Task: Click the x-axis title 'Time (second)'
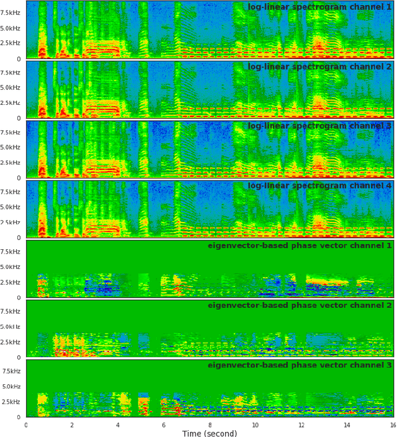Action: (x=209, y=433)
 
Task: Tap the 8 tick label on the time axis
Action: (x=210, y=425)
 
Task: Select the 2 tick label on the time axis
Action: (x=72, y=425)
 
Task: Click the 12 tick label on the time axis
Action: (x=301, y=425)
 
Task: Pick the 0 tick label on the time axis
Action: (x=26, y=425)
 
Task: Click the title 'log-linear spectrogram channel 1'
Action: (x=319, y=7)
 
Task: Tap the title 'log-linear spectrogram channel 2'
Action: (x=319, y=67)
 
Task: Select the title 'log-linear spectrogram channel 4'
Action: (x=319, y=186)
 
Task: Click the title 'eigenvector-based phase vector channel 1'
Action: (x=300, y=246)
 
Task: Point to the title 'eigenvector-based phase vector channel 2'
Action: (x=300, y=306)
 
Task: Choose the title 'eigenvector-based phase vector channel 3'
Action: (x=300, y=366)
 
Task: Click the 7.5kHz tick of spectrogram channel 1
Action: (x=11, y=12)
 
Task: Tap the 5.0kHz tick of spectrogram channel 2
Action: (x=11, y=87)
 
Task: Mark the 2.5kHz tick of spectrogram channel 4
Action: (x=11, y=223)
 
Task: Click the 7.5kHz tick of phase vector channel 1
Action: (x=11, y=252)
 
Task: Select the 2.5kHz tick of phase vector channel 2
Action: (x=11, y=342)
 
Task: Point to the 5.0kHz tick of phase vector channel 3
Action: (x=11, y=387)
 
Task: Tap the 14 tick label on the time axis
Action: (x=347, y=425)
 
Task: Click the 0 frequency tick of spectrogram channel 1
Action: (x=19, y=59)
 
